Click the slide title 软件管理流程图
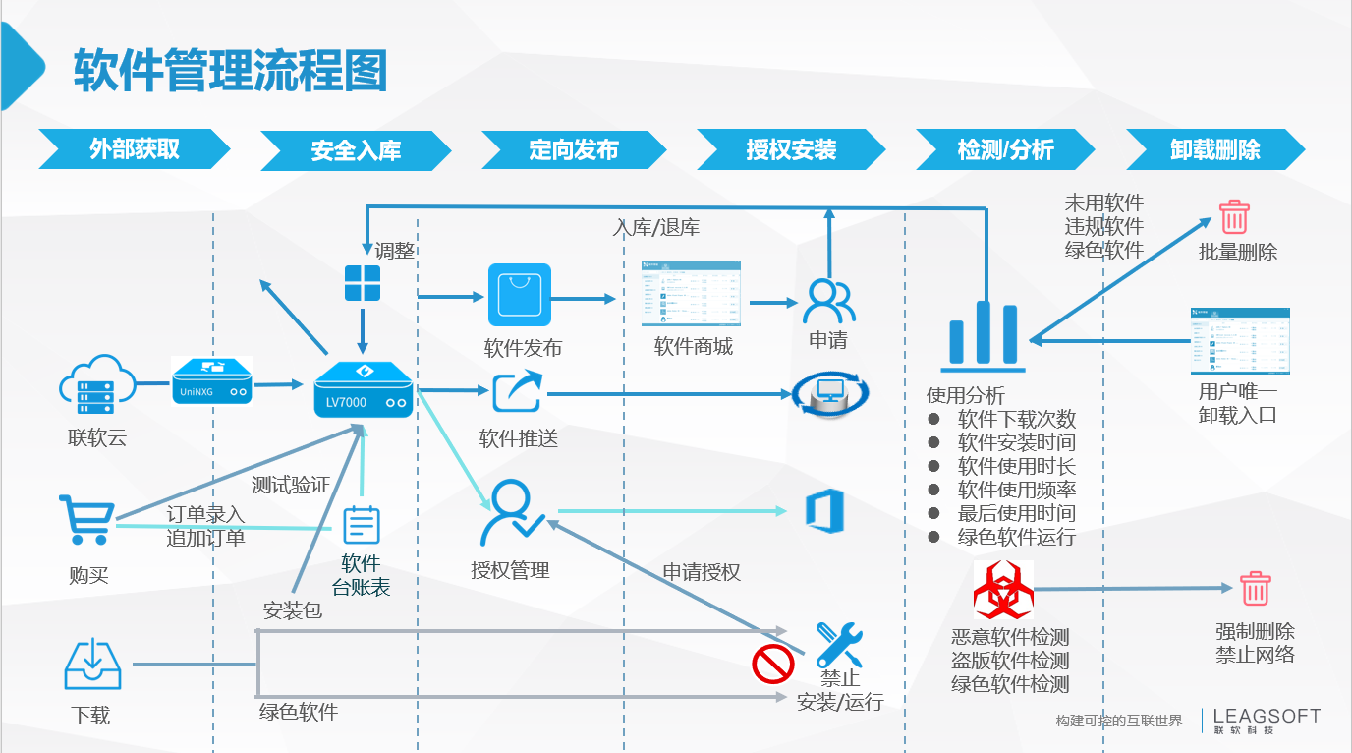(231, 70)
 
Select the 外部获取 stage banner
(135, 149)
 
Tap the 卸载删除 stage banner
(1215, 150)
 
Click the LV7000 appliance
(363, 391)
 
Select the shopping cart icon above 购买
(84, 519)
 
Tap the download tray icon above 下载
(92, 664)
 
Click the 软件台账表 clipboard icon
(361, 524)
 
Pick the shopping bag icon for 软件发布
(520, 295)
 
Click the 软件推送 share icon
(518, 392)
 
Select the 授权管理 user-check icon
(511, 512)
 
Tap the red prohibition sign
(773, 663)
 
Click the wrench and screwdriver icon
(839, 643)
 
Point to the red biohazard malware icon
(1002, 591)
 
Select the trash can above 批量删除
(1233, 217)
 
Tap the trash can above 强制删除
(1255, 589)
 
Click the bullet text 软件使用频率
(1016, 490)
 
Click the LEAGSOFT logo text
(1267, 717)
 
